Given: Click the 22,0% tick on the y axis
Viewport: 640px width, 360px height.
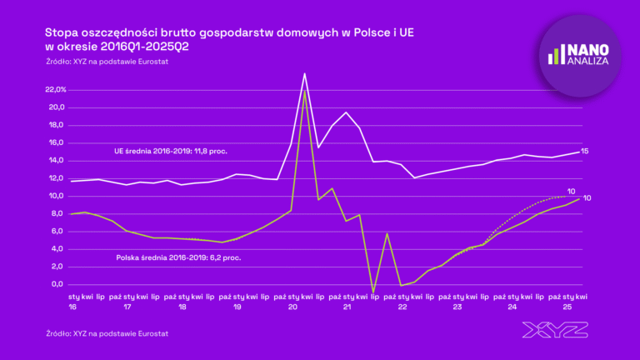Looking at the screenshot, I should (x=55, y=90).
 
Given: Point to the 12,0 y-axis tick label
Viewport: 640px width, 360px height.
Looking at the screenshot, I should (x=57, y=178).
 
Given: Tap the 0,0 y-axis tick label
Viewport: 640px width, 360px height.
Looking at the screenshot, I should (x=58, y=284).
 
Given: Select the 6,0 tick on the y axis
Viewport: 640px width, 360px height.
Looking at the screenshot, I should (x=58, y=231).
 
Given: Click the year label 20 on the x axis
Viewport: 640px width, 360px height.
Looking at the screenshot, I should (x=292, y=307).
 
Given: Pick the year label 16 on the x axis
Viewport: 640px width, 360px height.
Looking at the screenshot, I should (x=72, y=307).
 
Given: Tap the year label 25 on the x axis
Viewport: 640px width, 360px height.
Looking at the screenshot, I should (x=567, y=307).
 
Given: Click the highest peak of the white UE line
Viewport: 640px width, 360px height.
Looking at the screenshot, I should (x=305, y=73).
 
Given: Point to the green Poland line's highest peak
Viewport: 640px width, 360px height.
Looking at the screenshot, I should (x=305, y=89).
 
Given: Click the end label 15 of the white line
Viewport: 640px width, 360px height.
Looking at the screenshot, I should (x=585, y=152).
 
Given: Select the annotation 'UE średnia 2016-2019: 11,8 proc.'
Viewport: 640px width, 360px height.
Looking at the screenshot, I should (x=171, y=152).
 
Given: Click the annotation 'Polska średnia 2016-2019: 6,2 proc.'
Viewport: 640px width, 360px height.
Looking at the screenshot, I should (x=178, y=258).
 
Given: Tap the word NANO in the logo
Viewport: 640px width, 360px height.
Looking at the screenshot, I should (x=588, y=49).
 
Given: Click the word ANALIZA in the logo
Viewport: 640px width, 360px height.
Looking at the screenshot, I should (x=588, y=61).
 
